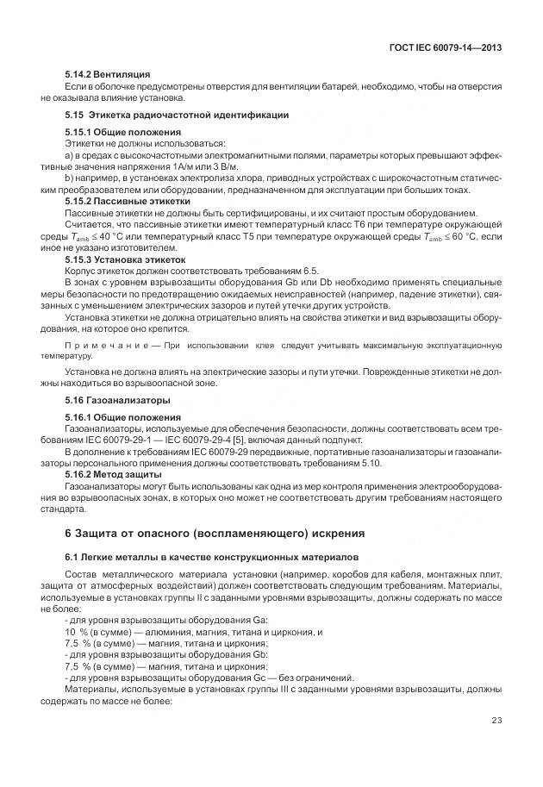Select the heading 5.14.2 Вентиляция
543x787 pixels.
108,75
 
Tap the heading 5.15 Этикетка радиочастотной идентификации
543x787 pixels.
177,115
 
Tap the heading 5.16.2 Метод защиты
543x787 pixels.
113,474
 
